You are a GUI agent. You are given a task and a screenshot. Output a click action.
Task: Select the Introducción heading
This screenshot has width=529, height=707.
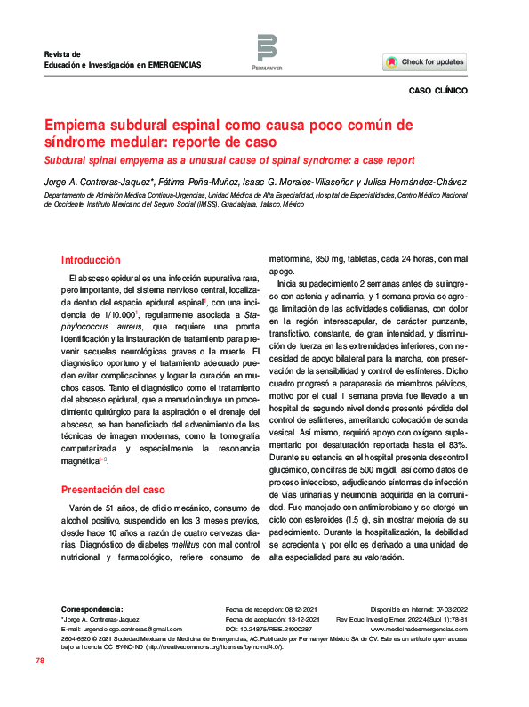click(x=90, y=260)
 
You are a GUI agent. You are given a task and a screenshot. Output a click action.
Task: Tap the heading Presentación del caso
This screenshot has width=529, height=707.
click(x=113, y=490)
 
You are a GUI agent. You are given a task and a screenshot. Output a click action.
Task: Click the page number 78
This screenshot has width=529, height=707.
click(x=40, y=661)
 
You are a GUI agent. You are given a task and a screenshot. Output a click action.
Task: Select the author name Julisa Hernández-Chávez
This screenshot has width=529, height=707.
click(x=404, y=183)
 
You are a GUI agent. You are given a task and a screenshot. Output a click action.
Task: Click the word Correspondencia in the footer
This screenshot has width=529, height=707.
click(x=94, y=606)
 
